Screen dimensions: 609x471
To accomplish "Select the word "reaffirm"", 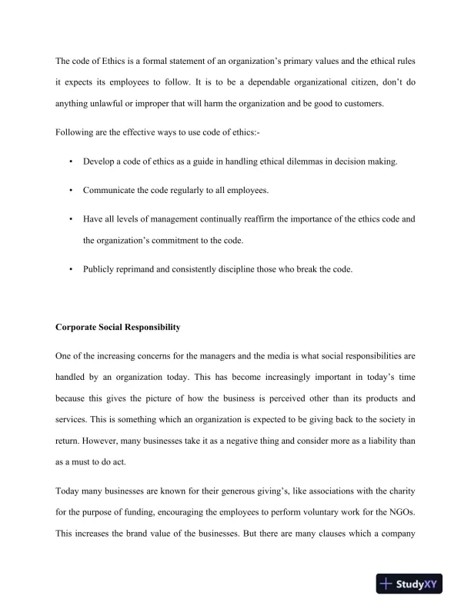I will coord(260,218).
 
